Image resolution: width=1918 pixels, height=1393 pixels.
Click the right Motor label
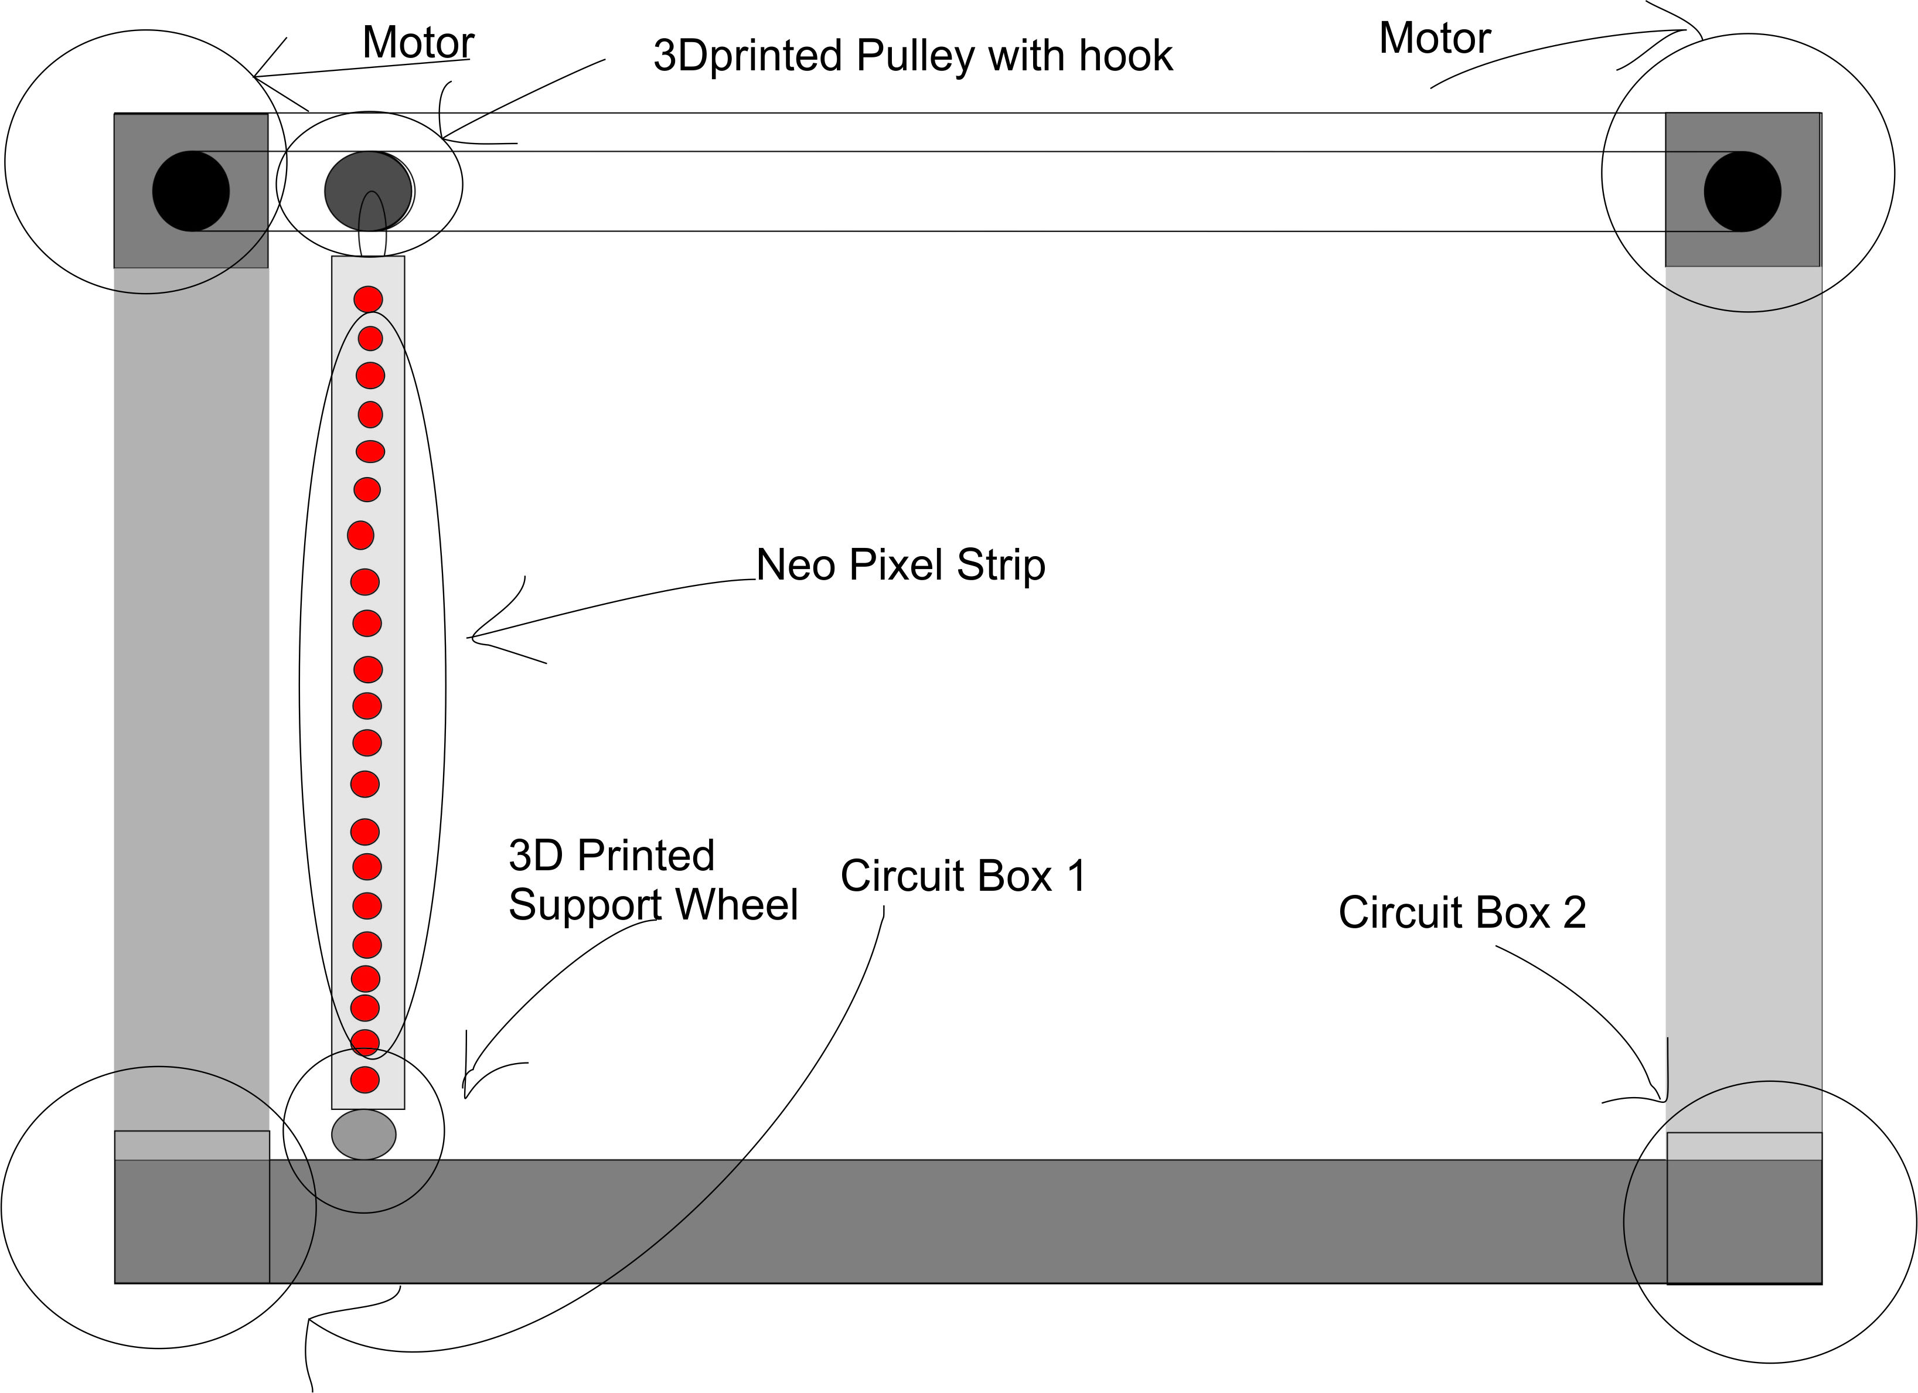tap(1435, 39)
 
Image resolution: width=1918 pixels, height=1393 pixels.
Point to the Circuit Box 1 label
tap(962, 876)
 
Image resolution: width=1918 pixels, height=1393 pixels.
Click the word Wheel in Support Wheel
tap(737, 905)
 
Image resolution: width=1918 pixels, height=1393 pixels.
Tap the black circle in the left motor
tap(191, 191)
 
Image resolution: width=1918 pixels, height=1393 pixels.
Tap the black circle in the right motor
tap(1742, 191)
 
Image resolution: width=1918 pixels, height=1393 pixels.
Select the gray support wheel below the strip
tap(364, 1134)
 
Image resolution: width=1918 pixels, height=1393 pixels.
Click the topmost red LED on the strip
tap(368, 299)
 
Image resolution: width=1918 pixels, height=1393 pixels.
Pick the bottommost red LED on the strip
tap(365, 1080)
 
